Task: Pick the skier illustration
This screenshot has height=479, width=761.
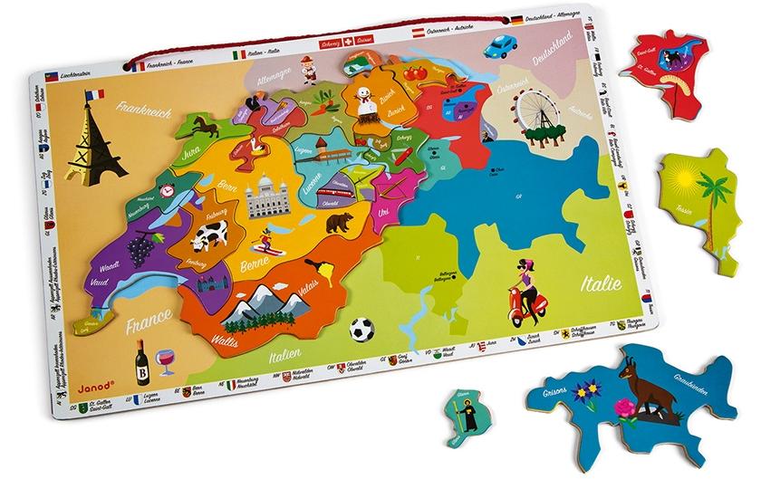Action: click(265, 242)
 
